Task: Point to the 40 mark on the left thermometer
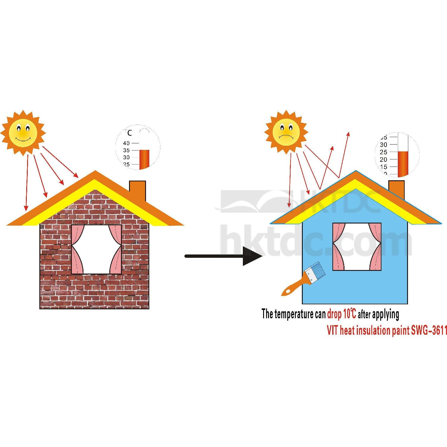click(x=126, y=143)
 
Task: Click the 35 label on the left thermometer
click(x=126, y=150)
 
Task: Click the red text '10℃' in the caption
click(x=349, y=314)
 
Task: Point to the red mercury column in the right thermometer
click(x=403, y=164)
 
